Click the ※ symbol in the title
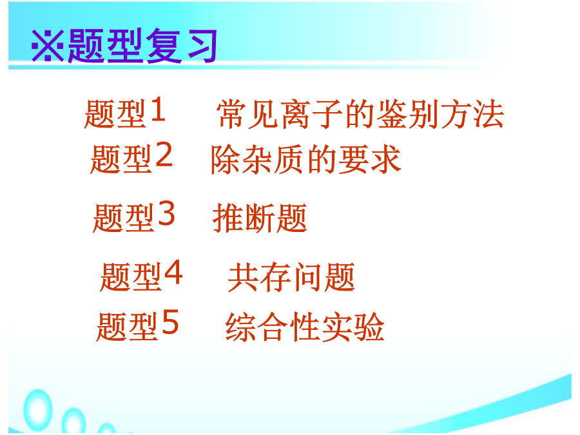pos(47,46)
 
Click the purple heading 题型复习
pos(142,46)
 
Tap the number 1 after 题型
pos(158,109)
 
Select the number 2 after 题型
pos(164,155)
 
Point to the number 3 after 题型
pos(166,213)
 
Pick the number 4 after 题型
pos(173,272)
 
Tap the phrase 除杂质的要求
pos(306,159)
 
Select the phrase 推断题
pos(260,218)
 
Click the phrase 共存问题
pos(291,277)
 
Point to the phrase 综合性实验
pos(305,326)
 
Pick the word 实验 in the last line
pos(353,326)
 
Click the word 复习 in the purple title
pos(181,46)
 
